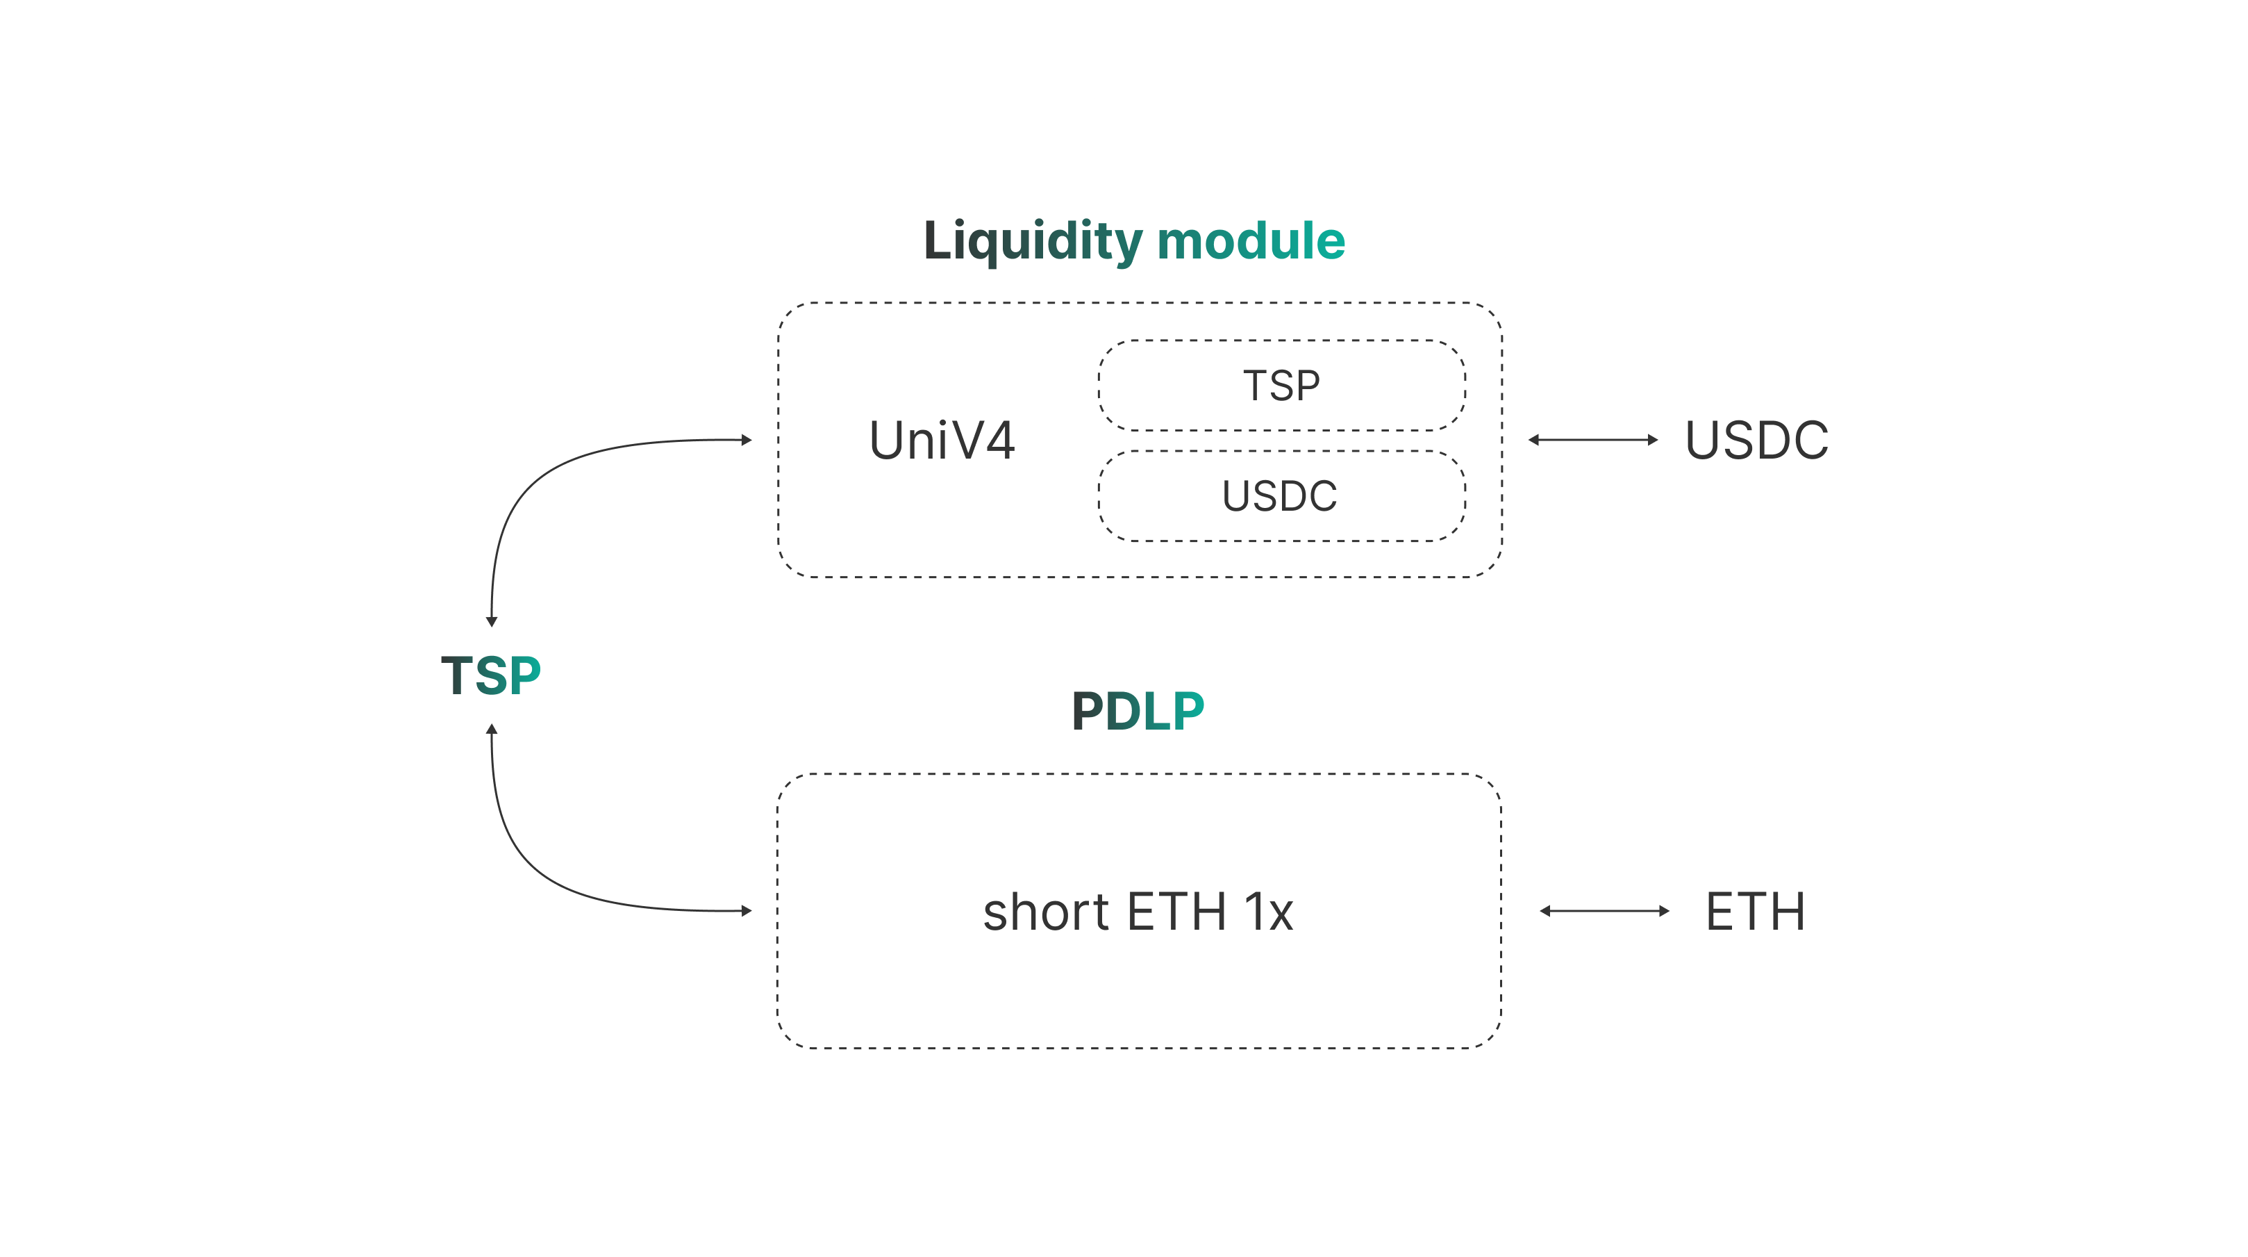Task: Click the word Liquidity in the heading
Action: coord(1033,241)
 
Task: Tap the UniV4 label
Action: coord(942,440)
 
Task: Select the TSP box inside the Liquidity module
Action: coord(1281,385)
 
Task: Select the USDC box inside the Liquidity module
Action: coord(1281,496)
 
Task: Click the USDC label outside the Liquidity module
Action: coord(1757,440)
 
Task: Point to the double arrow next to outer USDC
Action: coord(1592,440)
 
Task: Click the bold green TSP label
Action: coord(491,675)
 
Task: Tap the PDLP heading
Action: coord(1138,711)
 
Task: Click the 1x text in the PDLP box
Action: coord(1269,912)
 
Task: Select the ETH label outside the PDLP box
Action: coord(1756,912)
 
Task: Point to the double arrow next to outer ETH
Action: coord(1604,912)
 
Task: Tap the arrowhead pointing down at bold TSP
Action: coord(491,621)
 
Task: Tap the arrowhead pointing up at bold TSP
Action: coord(491,729)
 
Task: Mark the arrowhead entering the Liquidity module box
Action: coord(746,440)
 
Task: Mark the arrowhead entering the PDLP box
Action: coord(746,912)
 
